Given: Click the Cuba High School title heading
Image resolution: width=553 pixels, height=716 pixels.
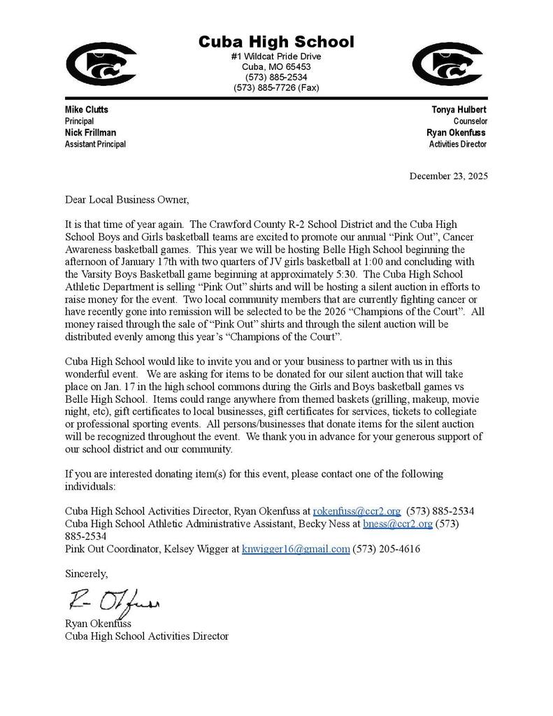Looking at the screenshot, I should click(x=276, y=41).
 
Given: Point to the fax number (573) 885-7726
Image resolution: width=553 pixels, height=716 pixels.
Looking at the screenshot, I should click(x=276, y=87).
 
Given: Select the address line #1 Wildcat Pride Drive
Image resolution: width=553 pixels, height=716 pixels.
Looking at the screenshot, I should click(x=276, y=56).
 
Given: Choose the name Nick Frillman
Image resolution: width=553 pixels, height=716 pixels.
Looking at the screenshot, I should click(x=91, y=132).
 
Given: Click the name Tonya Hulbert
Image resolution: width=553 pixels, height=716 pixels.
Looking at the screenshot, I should click(x=459, y=110).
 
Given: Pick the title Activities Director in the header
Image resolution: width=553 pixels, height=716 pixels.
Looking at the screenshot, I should click(x=458, y=144).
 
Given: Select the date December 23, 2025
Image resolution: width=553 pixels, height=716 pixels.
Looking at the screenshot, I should click(x=448, y=176).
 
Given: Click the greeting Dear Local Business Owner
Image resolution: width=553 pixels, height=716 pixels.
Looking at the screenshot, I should click(x=127, y=199).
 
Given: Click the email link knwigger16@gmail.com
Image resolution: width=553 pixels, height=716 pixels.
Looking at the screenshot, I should click(x=295, y=549).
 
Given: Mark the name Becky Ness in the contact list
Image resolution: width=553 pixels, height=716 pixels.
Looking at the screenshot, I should click(x=328, y=523).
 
